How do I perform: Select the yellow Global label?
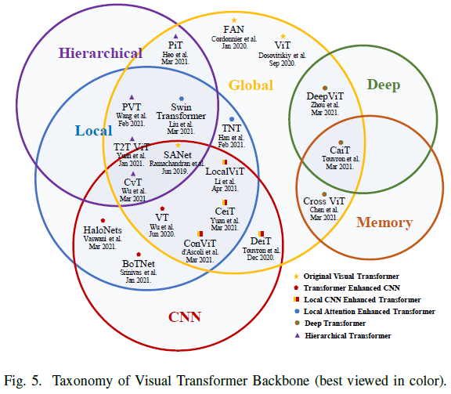click(x=251, y=85)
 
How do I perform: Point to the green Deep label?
click(x=384, y=85)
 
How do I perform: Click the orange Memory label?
click(x=384, y=222)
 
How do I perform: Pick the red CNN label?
click(x=185, y=317)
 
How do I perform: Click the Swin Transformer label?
click(x=181, y=111)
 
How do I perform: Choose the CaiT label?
click(x=340, y=150)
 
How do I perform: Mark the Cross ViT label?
click(x=324, y=201)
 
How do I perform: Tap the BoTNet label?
click(x=138, y=264)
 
